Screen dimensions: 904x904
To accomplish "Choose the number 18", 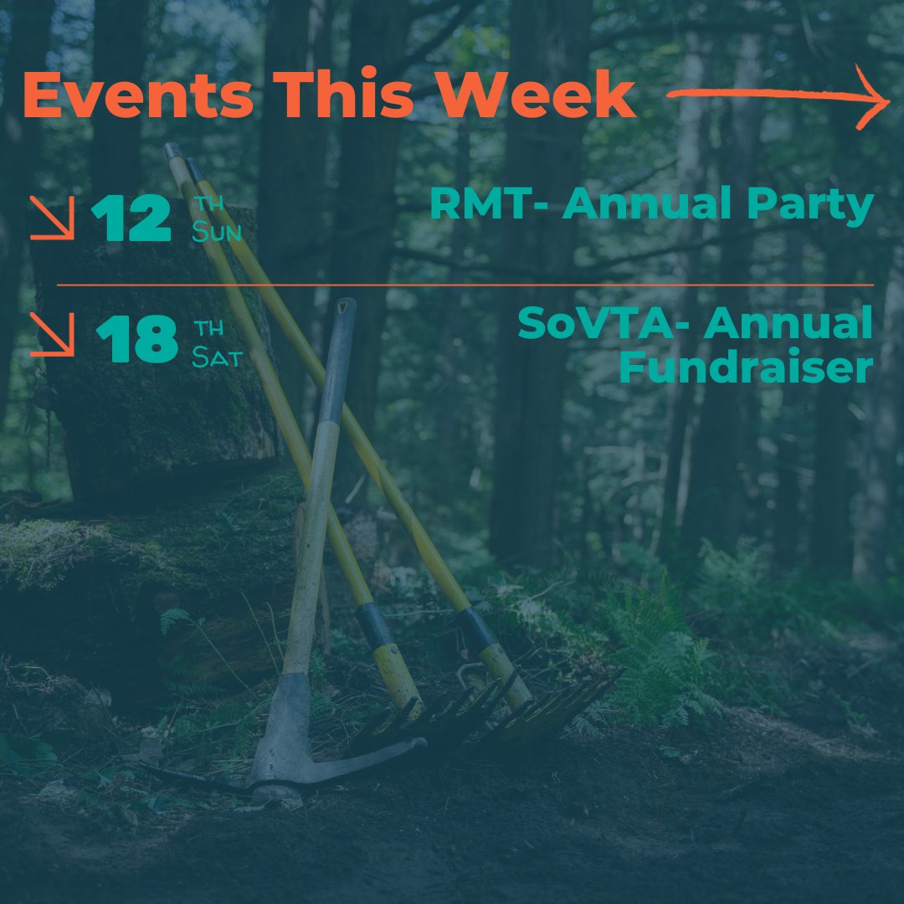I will point(136,339).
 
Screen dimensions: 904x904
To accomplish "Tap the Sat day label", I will point(216,358).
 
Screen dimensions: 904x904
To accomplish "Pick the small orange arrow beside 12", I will point(52,219).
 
